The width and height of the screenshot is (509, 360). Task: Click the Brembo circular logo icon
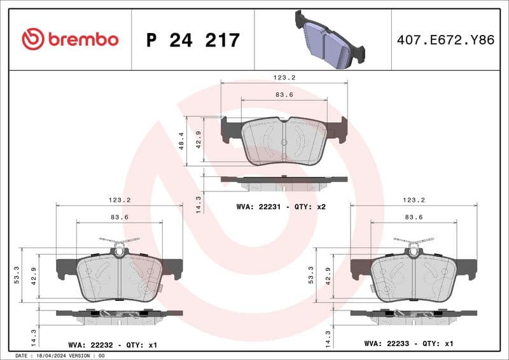[x=32, y=39]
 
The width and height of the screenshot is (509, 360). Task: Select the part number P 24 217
[x=193, y=40]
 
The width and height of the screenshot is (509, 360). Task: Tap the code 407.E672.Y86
[x=445, y=40]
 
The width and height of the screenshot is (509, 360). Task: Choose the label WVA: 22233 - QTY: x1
[x=408, y=344]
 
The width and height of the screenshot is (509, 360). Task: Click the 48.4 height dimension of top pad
[x=181, y=141]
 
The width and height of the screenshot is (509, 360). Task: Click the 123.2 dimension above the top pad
[x=284, y=77]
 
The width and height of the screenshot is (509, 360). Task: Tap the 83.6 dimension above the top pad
[x=284, y=95]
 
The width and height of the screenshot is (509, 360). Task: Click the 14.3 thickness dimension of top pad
[x=198, y=204]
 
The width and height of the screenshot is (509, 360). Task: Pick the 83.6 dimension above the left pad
[x=119, y=218]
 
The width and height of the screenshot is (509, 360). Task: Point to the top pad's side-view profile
[x=284, y=181]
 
